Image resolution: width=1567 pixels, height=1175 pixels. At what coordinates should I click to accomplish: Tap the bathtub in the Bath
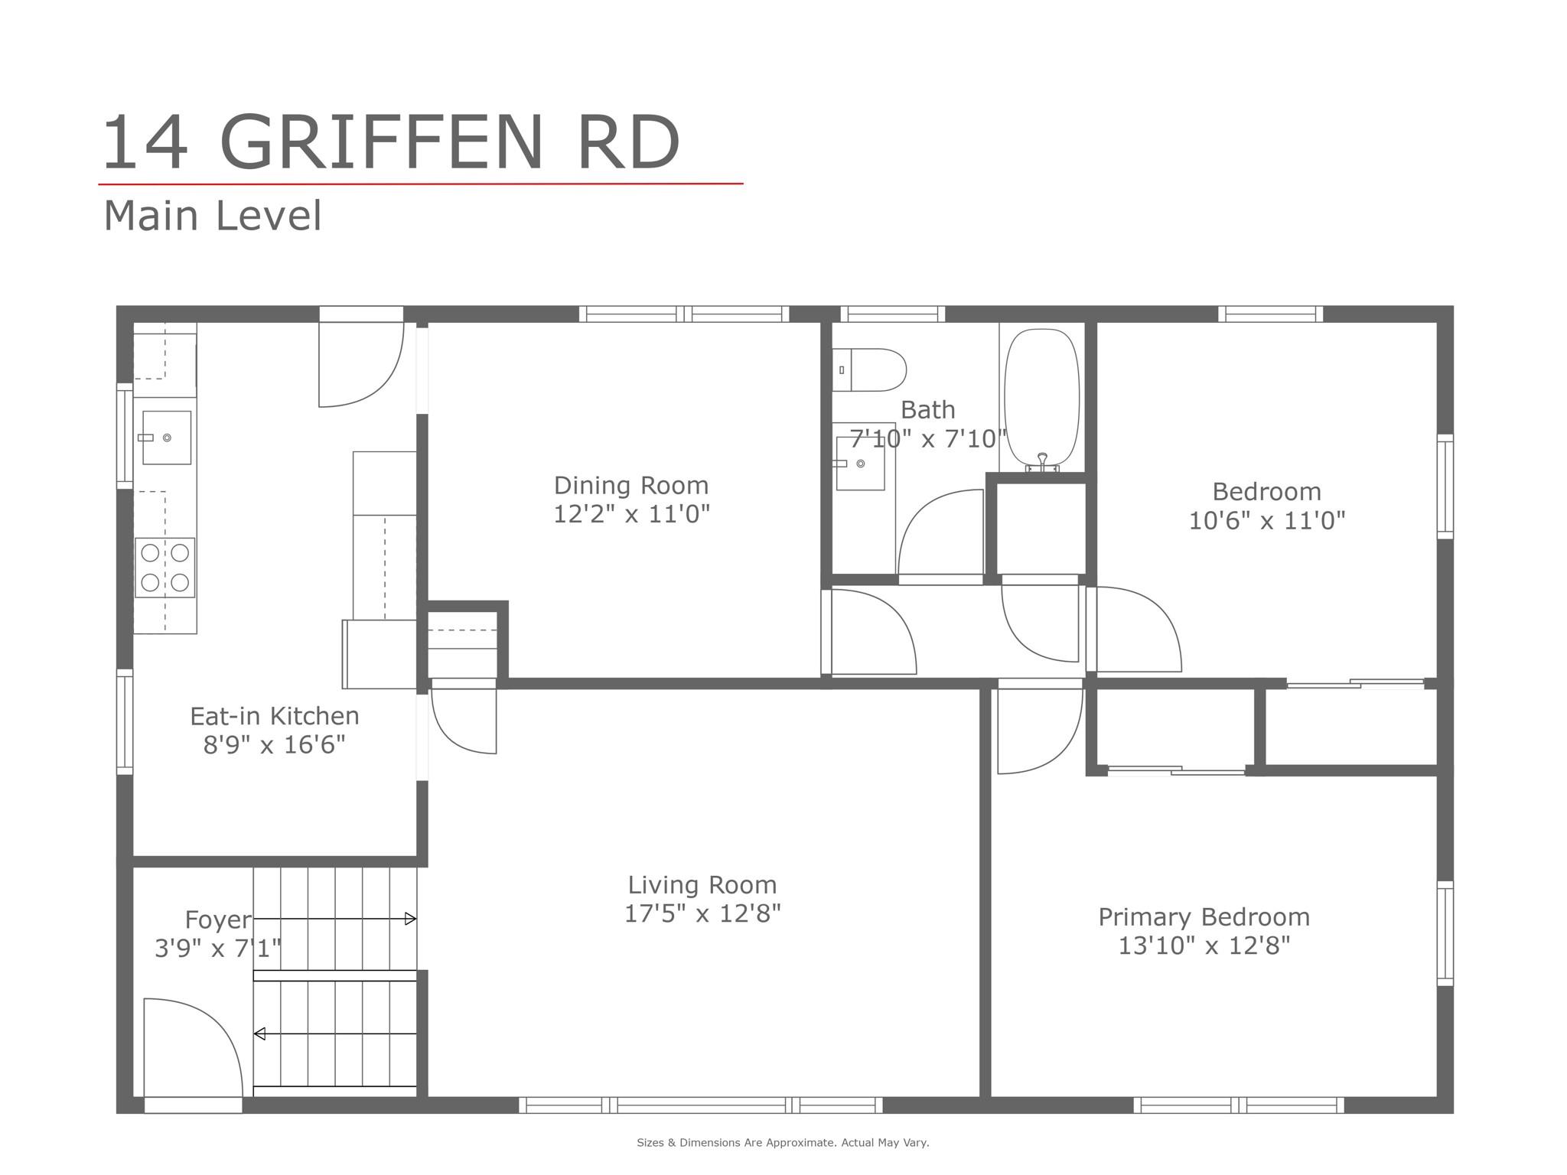click(1041, 398)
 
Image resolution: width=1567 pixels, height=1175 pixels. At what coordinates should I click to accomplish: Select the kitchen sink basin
click(167, 438)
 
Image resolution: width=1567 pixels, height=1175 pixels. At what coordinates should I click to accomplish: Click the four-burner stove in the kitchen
click(165, 568)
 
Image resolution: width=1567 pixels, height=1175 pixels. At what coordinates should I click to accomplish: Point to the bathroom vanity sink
click(860, 464)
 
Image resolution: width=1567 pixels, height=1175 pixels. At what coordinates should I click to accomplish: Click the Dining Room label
click(631, 486)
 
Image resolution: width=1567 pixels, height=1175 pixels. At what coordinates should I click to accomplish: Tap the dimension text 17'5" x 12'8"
click(702, 913)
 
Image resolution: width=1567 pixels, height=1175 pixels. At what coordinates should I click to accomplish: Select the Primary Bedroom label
click(1204, 916)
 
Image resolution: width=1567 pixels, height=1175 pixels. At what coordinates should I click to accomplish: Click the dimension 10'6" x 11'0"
click(1266, 521)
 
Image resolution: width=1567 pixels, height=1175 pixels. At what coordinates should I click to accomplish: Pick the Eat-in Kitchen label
click(274, 716)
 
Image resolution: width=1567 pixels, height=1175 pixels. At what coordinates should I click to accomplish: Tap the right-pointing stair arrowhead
click(411, 919)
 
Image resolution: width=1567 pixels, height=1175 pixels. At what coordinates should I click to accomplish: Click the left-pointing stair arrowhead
click(259, 1033)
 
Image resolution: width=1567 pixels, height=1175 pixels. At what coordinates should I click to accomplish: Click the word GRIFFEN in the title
click(381, 144)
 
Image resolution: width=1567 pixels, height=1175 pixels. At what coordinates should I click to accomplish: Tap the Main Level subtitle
click(213, 216)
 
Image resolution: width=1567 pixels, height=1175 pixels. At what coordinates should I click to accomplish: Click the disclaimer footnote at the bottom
click(783, 1143)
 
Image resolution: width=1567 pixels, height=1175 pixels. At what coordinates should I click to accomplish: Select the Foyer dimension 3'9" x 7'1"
click(218, 949)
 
